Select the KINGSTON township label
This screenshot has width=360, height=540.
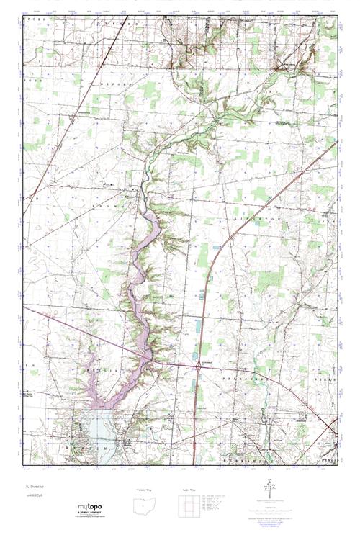[248, 215]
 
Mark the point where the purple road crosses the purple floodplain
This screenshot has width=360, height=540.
[148, 353]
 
